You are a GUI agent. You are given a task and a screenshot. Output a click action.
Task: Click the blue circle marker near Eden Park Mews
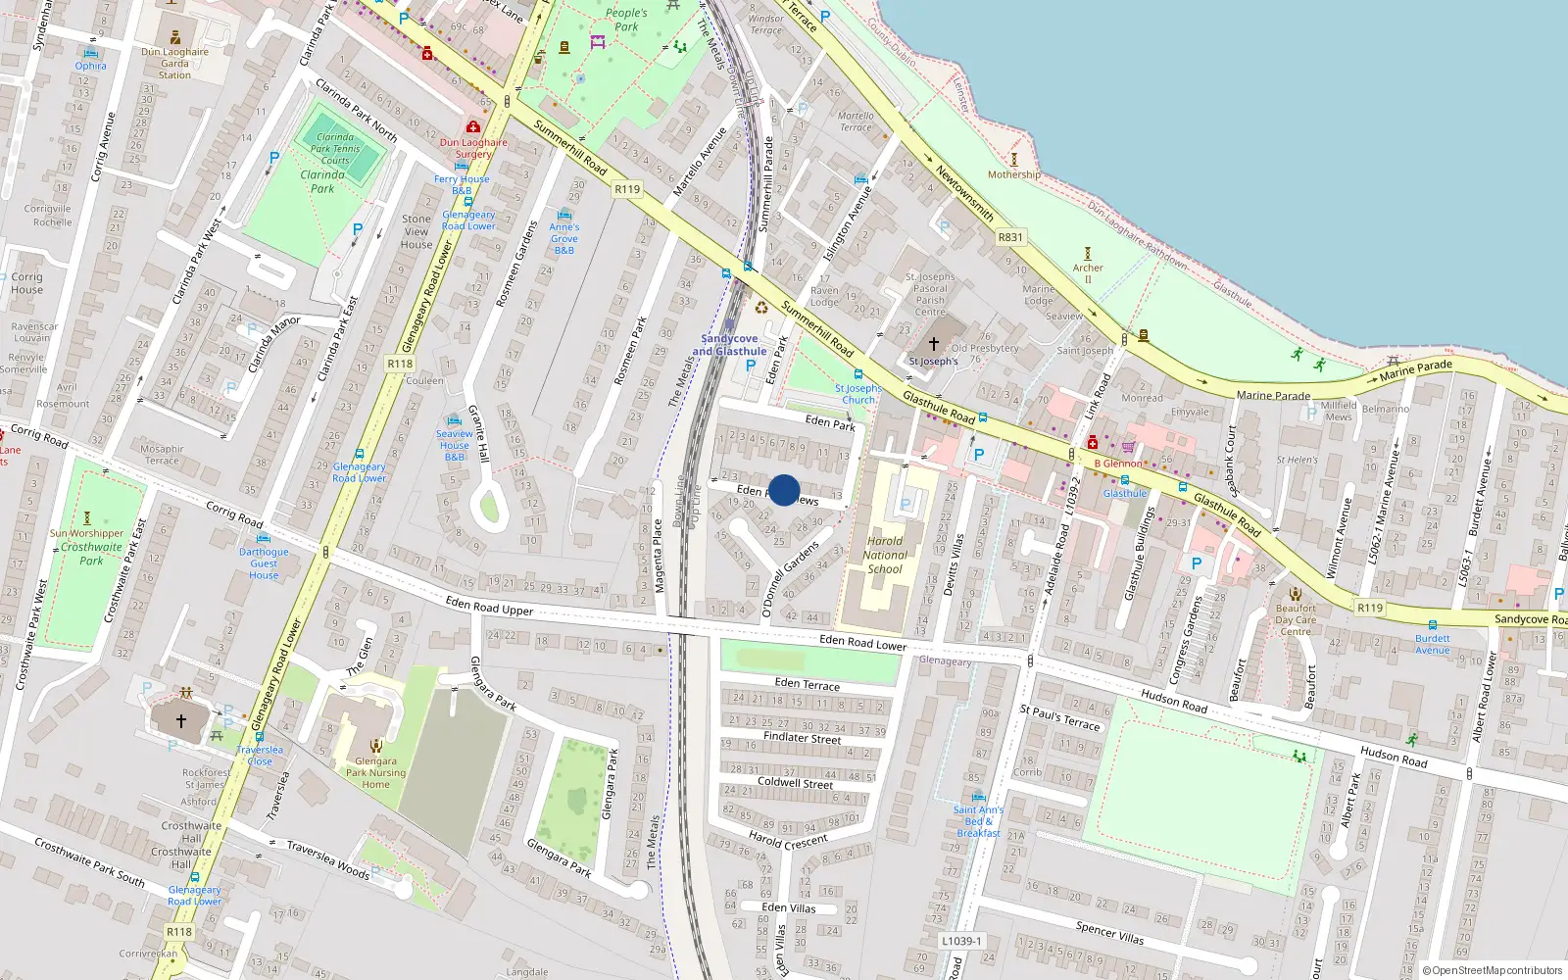click(x=784, y=490)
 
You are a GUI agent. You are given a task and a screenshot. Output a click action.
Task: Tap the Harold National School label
click(x=885, y=555)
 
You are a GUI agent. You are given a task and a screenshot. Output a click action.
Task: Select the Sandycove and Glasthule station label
click(x=729, y=345)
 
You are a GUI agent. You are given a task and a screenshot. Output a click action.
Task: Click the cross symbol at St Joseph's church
click(x=933, y=344)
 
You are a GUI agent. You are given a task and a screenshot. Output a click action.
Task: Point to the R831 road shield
click(x=1010, y=237)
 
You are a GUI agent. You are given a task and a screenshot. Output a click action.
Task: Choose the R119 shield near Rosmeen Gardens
click(x=627, y=189)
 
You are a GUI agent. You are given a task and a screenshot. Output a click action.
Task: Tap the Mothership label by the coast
click(x=1014, y=174)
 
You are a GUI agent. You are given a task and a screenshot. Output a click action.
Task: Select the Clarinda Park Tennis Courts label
click(x=335, y=149)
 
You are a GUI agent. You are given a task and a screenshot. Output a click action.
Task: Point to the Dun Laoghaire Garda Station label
click(x=174, y=64)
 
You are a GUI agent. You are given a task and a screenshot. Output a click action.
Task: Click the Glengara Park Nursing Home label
click(x=375, y=772)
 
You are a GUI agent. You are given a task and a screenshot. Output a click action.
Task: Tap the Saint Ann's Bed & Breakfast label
click(x=978, y=821)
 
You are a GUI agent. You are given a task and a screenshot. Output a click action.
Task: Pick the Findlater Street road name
click(x=802, y=738)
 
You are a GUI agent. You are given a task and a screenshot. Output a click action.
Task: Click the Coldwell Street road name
click(x=796, y=783)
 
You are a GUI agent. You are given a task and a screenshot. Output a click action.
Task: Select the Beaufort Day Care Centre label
click(x=1296, y=619)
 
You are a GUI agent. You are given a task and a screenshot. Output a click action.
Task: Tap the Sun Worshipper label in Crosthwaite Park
click(x=87, y=533)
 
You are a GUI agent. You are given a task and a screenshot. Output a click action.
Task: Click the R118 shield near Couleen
click(x=400, y=364)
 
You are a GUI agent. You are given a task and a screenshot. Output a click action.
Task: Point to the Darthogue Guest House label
click(x=264, y=563)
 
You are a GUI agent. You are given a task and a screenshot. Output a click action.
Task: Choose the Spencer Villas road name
click(x=1109, y=932)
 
